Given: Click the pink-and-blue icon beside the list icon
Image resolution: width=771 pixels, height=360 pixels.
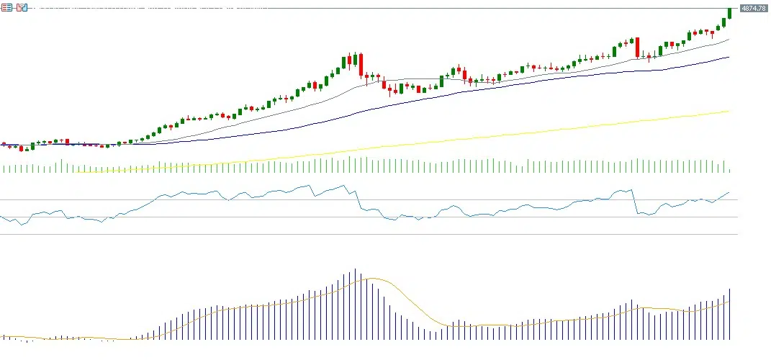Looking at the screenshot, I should pos(22,7).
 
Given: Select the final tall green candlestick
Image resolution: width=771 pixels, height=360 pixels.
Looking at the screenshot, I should pos(729,13).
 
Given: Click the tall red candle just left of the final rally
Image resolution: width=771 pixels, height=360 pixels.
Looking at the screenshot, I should pos(637,48).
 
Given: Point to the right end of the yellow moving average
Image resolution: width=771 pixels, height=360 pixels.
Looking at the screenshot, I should pos(729,111).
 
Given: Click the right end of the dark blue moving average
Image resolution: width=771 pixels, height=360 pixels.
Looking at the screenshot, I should pos(729,57).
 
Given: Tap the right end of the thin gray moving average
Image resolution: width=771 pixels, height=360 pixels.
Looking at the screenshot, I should pos(729,40).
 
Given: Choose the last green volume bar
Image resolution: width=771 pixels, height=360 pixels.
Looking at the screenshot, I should pos(729,170).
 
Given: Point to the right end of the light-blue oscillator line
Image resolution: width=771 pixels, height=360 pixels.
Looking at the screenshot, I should pos(729,192).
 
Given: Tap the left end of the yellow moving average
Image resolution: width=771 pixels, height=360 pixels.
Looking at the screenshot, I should pos(76,172).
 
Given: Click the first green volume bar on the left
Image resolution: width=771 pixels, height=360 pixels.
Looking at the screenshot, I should pos(4,169).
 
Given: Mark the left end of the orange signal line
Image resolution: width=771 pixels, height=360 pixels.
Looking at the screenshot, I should pos(2,336).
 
